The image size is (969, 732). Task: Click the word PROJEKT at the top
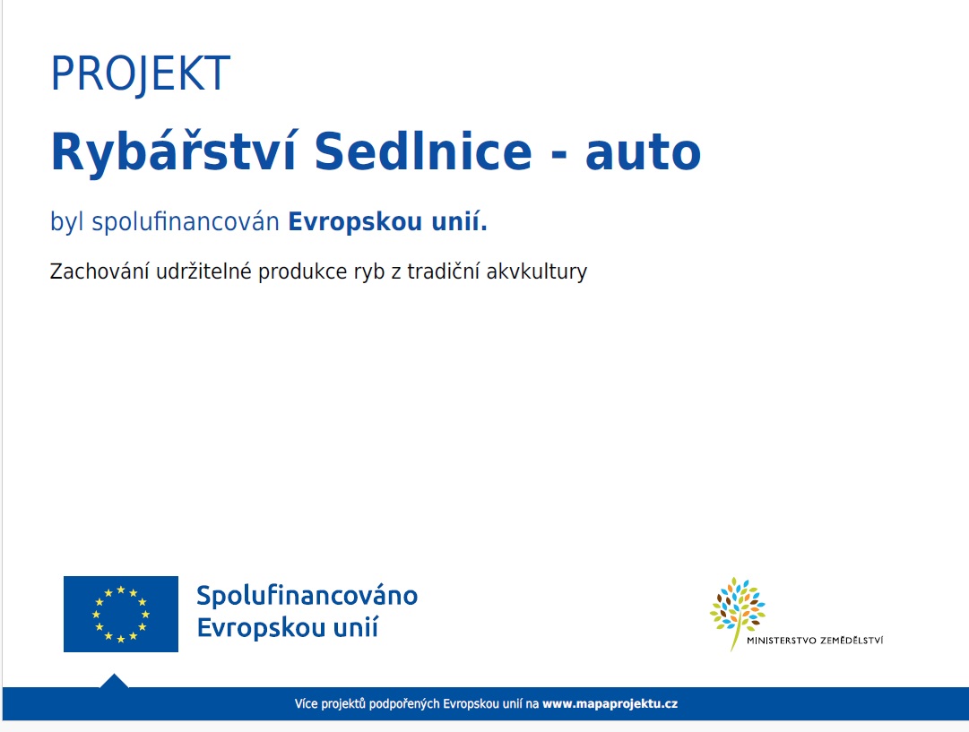point(141,74)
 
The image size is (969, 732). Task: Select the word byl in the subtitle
point(67,222)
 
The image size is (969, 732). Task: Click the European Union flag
point(121,614)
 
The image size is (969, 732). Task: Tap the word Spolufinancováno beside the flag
point(307,596)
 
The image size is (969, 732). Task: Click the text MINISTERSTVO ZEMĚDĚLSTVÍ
point(814,640)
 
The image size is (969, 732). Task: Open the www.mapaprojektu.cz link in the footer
point(610,704)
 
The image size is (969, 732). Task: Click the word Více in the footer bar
point(307,704)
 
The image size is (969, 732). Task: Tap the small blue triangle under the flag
point(114,681)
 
